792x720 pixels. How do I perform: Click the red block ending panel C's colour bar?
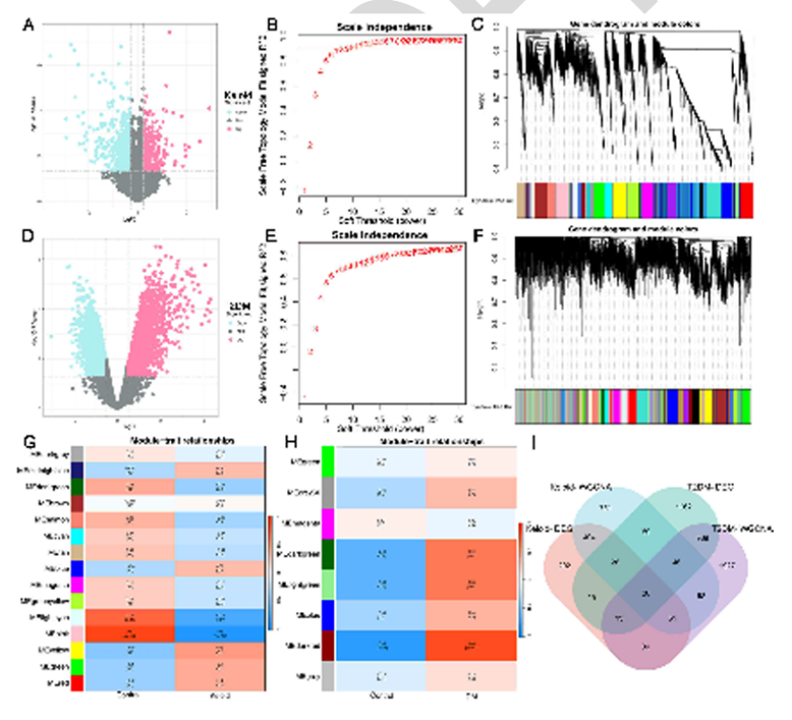[x=746, y=201]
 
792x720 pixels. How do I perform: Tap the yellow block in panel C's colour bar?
[x=618, y=201]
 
